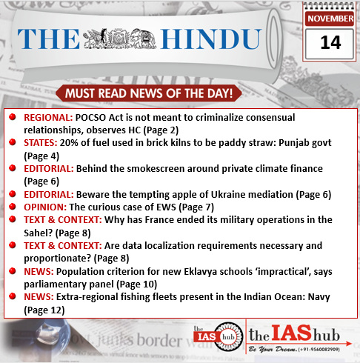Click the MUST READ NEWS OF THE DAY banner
(148, 93)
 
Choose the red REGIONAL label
(48, 117)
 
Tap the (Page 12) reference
(47, 310)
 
